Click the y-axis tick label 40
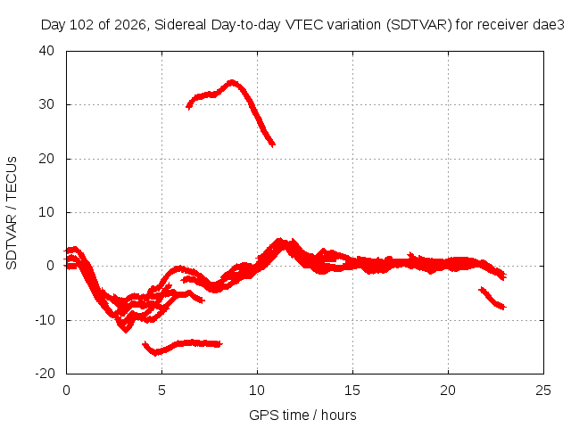[x=46, y=51]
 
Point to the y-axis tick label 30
[x=46, y=104]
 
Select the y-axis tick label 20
[x=46, y=159]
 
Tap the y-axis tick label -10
[x=45, y=320]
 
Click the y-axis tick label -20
[x=45, y=374]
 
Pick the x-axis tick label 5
[x=161, y=391]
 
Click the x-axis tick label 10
[x=257, y=391]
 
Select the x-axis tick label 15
[x=352, y=391]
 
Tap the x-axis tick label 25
[x=543, y=391]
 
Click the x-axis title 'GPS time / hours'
[x=302, y=416]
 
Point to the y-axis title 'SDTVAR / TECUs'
[x=12, y=213]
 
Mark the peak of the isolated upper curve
[x=232, y=82]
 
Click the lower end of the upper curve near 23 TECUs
[x=273, y=144]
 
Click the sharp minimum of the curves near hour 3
[x=126, y=331]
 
